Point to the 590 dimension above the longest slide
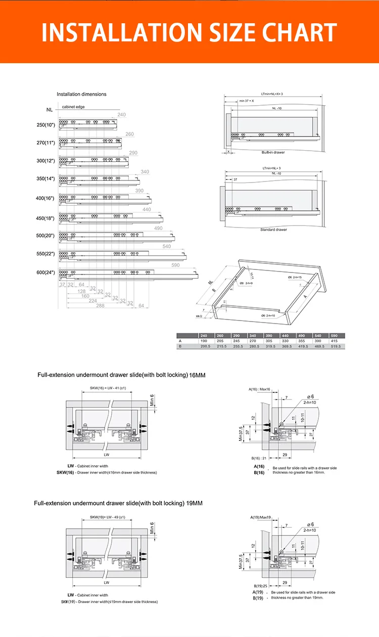pyautogui.click(x=175, y=265)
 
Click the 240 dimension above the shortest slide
pyautogui.click(x=121, y=115)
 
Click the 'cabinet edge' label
pyautogui.click(x=73, y=107)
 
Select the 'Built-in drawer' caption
pyautogui.click(x=273, y=152)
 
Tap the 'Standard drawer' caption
pyautogui.click(x=273, y=230)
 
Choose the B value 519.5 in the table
pyautogui.click(x=336, y=346)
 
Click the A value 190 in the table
pyautogui.click(x=204, y=341)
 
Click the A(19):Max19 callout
pyautogui.click(x=260, y=517)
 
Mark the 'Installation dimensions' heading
pyautogui.click(x=81, y=94)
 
